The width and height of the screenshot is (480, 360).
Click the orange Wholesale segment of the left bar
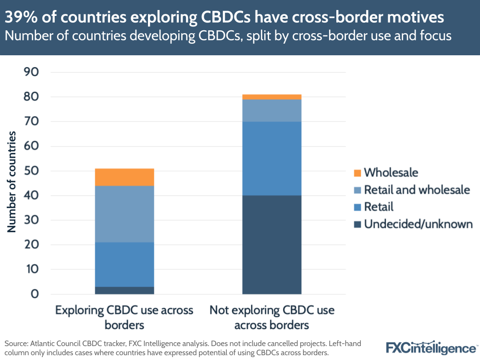[x=124, y=177]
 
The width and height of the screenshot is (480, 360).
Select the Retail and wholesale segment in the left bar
[x=124, y=214]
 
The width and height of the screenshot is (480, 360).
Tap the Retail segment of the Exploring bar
[x=124, y=264]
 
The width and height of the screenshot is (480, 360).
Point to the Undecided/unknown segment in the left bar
[x=124, y=290]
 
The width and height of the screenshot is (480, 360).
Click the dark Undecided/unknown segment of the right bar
[x=271, y=245]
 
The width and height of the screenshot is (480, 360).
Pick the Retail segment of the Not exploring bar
[x=271, y=159]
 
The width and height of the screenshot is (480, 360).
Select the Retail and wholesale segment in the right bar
[x=271, y=111]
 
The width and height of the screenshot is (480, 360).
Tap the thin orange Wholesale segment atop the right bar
[x=271, y=97]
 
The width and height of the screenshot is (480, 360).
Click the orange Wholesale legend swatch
[x=357, y=173]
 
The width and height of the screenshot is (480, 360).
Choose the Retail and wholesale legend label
[x=417, y=190]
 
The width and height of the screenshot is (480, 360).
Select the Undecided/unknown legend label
[x=418, y=224]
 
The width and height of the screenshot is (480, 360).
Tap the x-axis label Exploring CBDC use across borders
[x=124, y=317]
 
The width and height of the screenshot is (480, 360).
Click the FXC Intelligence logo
[x=431, y=347]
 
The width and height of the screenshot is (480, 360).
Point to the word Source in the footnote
[x=16, y=344]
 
